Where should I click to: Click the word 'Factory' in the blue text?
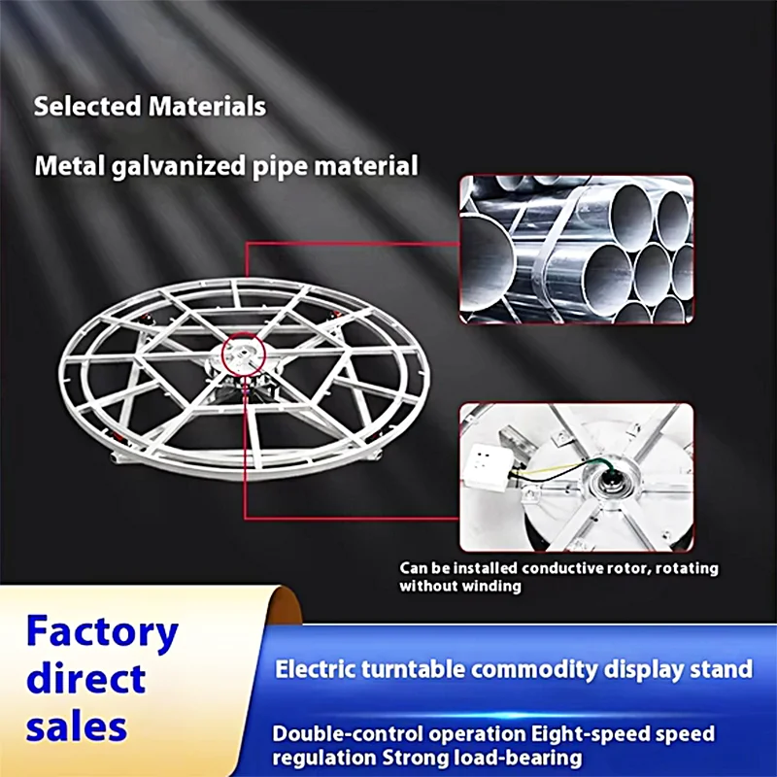click(x=102, y=632)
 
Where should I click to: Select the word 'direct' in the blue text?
click(x=85, y=678)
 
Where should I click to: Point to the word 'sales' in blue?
click(x=77, y=725)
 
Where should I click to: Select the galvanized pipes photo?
click(x=575, y=249)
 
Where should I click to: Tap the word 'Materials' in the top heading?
click(x=207, y=107)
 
